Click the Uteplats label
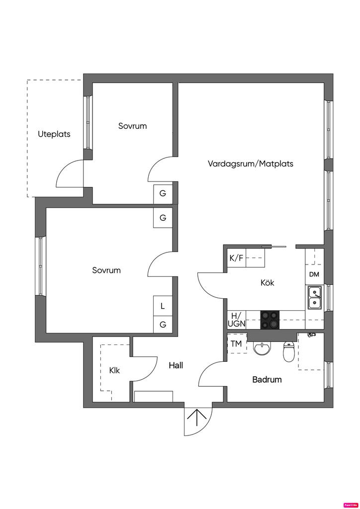pyautogui.click(x=54, y=134)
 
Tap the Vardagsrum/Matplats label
pyautogui.click(x=251, y=164)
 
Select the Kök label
pyautogui.click(x=268, y=283)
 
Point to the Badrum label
pyautogui.click(x=267, y=380)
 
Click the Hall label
pyautogui.click(x=176, y=365)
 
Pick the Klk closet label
pyautogui.click(x=114, y=370)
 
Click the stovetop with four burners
pyautogui.click(x=270, y=319)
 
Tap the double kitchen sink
pyautogui.click(x=314, y=298)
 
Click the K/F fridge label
pyautogui.click(x=236, y=258)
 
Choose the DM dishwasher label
pyautogui.click(x=314, y=274)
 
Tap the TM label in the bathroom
pyautogui.click(x=236, y=344)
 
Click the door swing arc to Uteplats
pyautogui.click(x=69, y=174)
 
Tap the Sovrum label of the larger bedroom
pyautogui.click(x=106, y=270)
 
